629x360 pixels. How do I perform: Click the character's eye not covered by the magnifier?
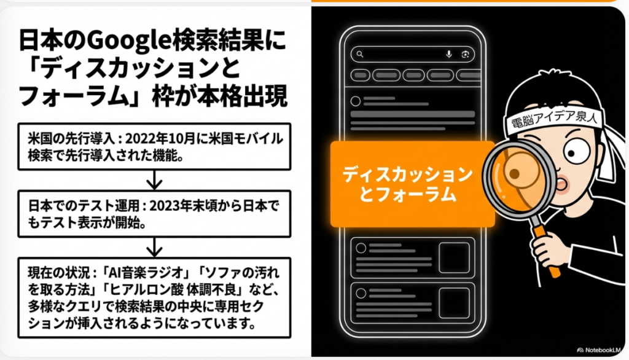580,150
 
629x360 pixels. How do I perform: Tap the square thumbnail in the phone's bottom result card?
454,301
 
